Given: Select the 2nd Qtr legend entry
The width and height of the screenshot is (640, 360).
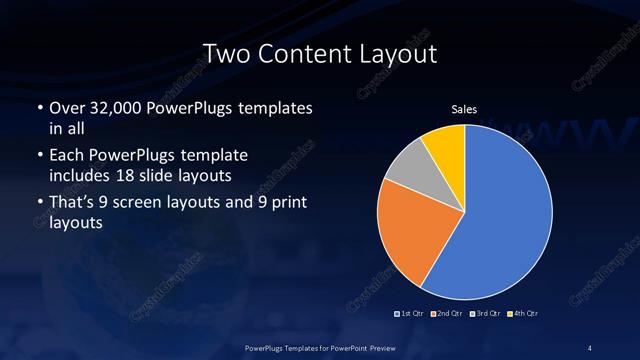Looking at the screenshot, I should click(447, 315).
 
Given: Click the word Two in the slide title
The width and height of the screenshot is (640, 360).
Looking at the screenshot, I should click(223, 55).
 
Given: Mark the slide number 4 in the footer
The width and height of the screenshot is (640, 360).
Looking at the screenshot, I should click(590, 346).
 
